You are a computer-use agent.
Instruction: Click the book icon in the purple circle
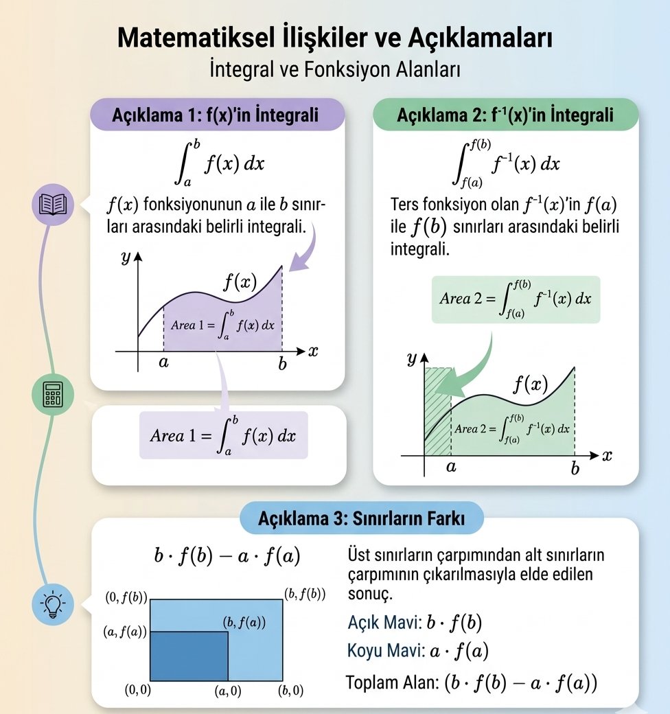[x=53, y=205]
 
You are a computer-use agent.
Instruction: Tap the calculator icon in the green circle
[x=53, y=394]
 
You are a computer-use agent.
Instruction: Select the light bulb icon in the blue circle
[x=53, y=604]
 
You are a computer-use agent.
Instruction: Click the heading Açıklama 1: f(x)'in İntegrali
[x=216, y=115]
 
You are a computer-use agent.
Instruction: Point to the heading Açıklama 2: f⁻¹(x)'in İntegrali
[x=505, y=115]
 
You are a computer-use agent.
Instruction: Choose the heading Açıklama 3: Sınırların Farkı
[x=361, y=518]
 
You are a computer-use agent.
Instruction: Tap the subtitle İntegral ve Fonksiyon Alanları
[x=335, y=69]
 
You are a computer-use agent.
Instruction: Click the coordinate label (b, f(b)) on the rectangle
[x=305, y=595]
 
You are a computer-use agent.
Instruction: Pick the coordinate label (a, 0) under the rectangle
[x=228, y=691]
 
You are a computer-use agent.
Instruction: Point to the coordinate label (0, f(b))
[x=126, y=597]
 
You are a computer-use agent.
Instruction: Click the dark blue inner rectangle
[x=189, y=656]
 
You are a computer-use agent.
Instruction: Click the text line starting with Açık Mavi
[x=415, y=623]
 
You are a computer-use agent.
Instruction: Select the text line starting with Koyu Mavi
[x=418, y=651]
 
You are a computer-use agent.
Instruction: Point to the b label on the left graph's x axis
[x=283, y=363]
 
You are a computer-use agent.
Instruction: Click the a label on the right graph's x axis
[x=451, y=467]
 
